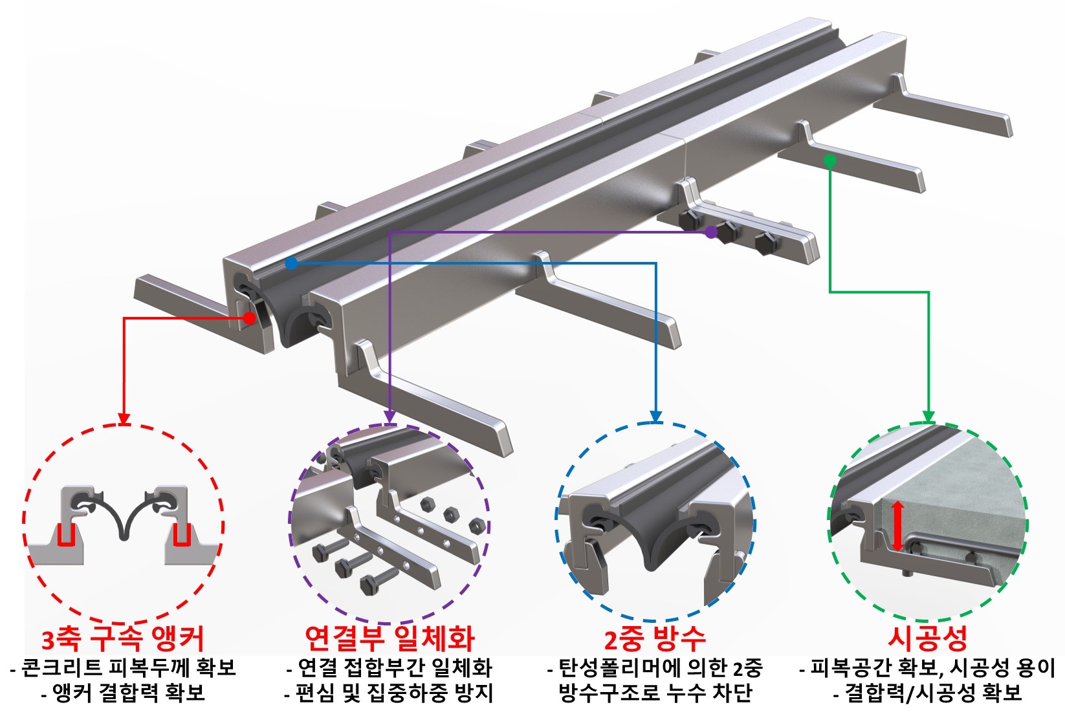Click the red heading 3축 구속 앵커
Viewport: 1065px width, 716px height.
pyautogui.click(x=123, y=639)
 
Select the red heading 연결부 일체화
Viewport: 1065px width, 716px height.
pyautogui.click(x=390, y=638)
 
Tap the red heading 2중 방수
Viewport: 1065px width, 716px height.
pyautogui.click(x=655, y=639)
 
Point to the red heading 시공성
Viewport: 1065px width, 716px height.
pyautogui.click(x=928, y=638)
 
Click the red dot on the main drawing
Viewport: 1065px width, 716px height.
pyautogui.click(x=250, y=318)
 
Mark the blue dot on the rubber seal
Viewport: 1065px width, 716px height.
pyautogui.click(x=291, y=263)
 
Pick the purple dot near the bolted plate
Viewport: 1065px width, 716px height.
pyautogui.click(x=711, y=232)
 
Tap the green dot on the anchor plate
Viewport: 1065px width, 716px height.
pyautogui.click(x=830, y=160)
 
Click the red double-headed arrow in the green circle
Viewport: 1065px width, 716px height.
pyautogui.click(x=897, y=526)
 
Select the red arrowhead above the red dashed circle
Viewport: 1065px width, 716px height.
pyautogui.click(x=123, y=419)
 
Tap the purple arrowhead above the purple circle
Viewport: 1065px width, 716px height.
pyautogui.click(x=390, y=418)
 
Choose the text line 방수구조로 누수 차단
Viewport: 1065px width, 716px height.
pyautogui.click(x=655, y=693)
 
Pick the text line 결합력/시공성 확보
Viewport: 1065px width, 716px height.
pyautogui.click(x=928, y=693)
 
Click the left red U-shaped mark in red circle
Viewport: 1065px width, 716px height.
pyautogui.click(x=66, y=535)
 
